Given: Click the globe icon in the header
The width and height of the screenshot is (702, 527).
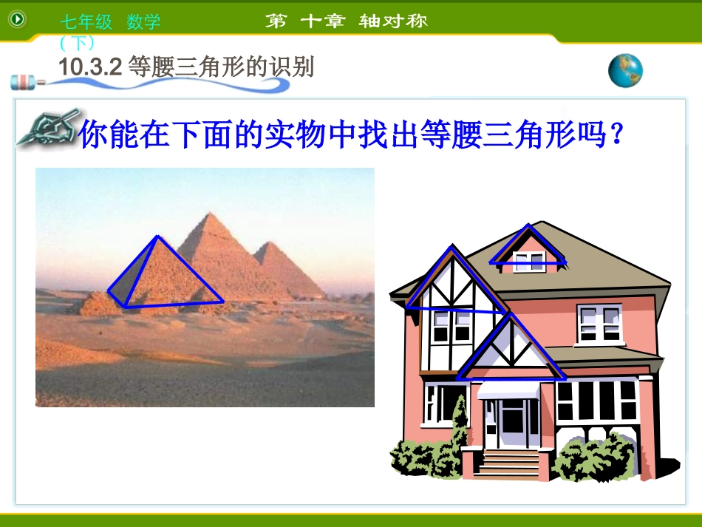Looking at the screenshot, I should tap(625, 71).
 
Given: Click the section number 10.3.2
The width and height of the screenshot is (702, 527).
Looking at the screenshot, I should tap(89, 67).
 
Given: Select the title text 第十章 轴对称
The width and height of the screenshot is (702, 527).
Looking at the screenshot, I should tap(347, 21).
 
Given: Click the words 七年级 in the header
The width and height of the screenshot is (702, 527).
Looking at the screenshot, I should tap(86, 22).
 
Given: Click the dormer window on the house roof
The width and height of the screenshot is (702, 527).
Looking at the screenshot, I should tap(530, 260).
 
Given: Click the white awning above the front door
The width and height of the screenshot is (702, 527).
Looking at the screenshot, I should tap(508, 390).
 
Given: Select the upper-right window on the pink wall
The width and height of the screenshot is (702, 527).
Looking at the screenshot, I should tap(599, 324).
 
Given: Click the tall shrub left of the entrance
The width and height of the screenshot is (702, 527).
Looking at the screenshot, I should tap(460, 429).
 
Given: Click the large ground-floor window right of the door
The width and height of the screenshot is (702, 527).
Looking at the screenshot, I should tap(597, 401).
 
